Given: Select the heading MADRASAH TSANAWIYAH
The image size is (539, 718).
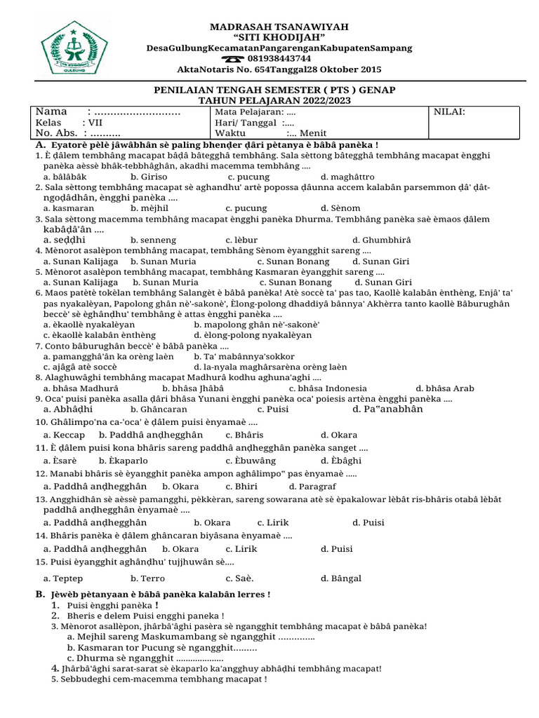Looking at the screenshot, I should point(279,27).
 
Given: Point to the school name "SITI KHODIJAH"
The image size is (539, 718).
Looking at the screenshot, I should point(279,37).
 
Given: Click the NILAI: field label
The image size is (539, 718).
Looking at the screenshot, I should point(449,111).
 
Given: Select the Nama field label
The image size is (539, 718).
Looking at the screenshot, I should point(51,111).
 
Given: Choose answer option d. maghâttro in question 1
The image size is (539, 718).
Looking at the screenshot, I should point(347,177).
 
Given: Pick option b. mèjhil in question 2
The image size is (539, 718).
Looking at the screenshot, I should point(149,208).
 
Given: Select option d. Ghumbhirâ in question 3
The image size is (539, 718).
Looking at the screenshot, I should point(381,240).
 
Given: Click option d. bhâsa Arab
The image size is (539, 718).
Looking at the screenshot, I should point(445,388).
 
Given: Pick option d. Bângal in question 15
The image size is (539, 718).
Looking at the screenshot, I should point(341,578).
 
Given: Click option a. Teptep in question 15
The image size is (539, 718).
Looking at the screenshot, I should point(63,578).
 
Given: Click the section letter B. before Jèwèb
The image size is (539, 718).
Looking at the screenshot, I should point(39,595).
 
